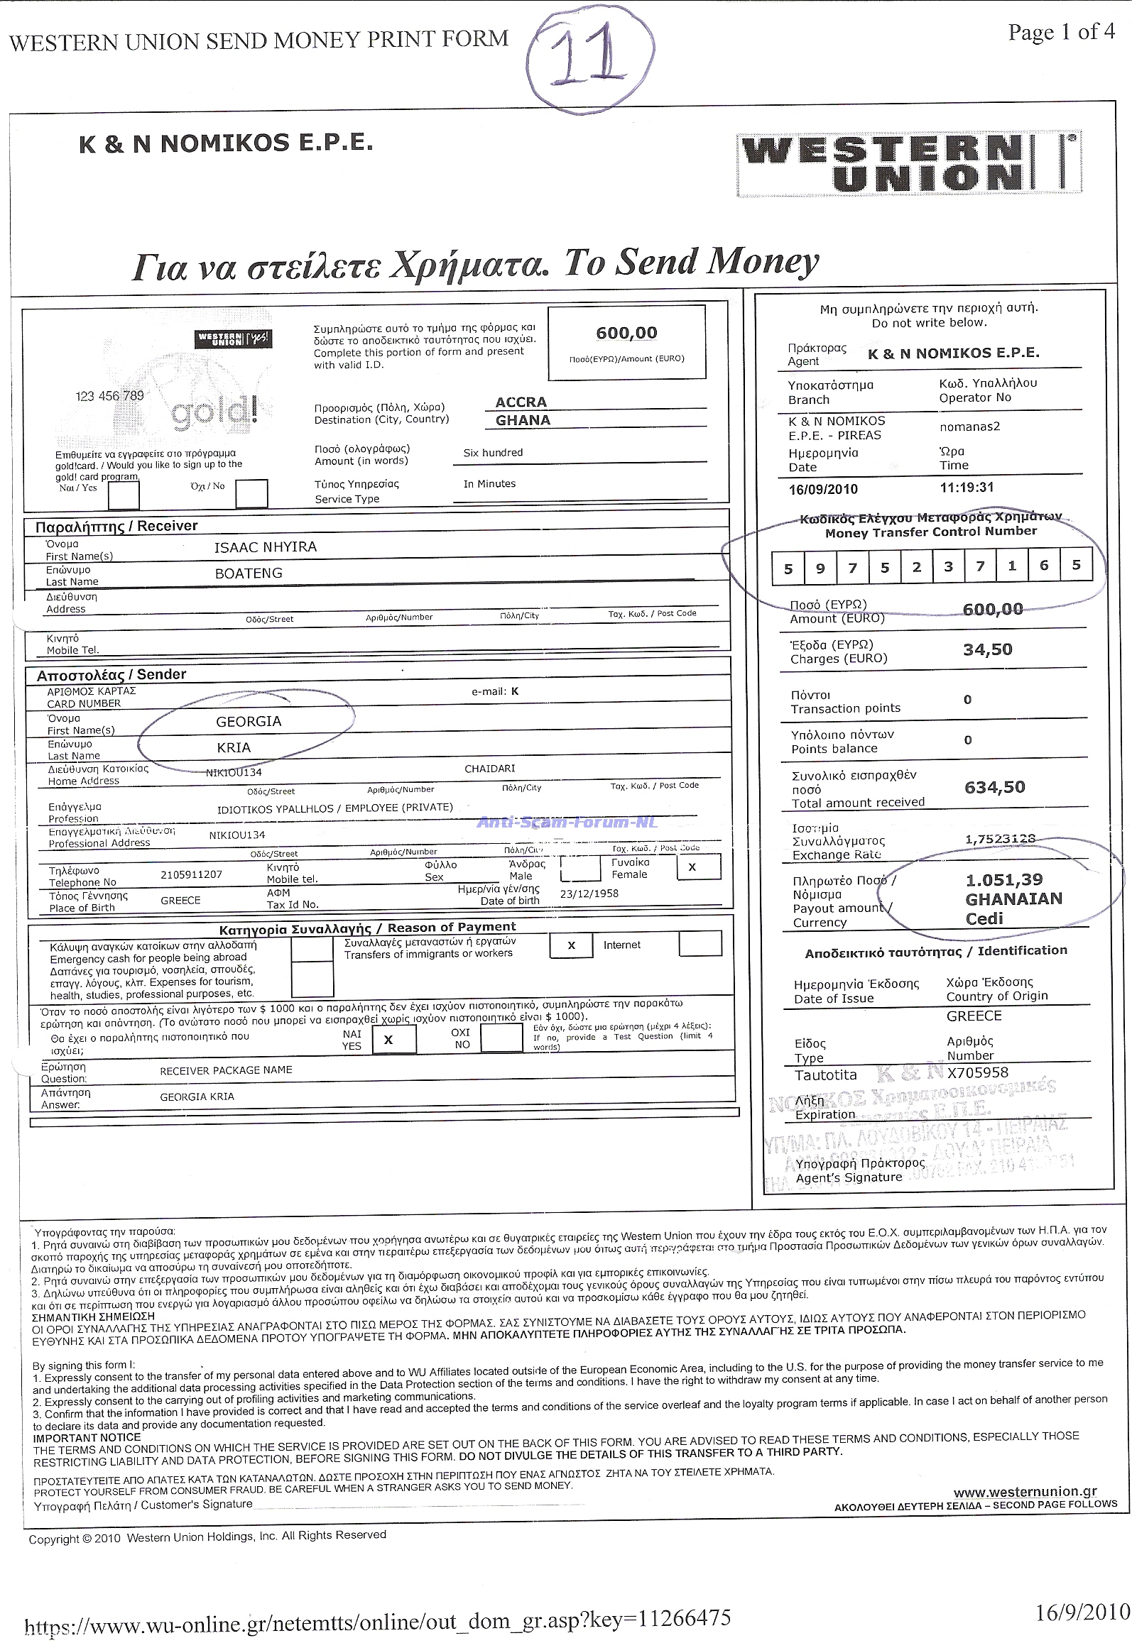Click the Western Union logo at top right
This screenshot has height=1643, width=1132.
pyautogui.click(x=909, y=165)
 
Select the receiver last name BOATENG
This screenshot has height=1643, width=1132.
pyautogui.click(x=249, y=573)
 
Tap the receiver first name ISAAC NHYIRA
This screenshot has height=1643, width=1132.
pyautogui.click(x=266, y=547)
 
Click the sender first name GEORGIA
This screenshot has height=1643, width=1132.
pyautogui.click(x=249, y=722)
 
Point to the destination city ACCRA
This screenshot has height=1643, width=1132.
pyautogui.click(x=521, y=402)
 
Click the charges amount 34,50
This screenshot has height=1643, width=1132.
pyautogui.click(x=987, y=650)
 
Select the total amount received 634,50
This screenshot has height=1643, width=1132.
pyautogui.click(x=994, y=787)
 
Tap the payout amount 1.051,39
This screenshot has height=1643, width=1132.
pyautogui.click(x=1004, y=880)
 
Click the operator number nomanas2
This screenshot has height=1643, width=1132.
pyautogui.click(x=969, y=427)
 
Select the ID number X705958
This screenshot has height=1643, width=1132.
pyautogui.click(x=977, y=1072)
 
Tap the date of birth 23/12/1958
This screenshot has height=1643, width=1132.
pyautogui.click(x=589, y=894)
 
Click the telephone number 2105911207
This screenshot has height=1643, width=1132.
pyautogui.click(x=191, y=875)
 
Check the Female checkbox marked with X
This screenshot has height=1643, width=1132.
pyautogui.click(x=692, y=867)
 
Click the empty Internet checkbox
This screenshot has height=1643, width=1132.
pyautogui.click(x=700, y=944)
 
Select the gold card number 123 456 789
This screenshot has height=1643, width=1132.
pyautogui.click(x=109, y=396)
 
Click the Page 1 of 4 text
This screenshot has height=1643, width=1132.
pyautogui.click(x=1061, y=33)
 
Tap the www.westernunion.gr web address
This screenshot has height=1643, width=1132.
pyautogui.click(x=1025, y=1493)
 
